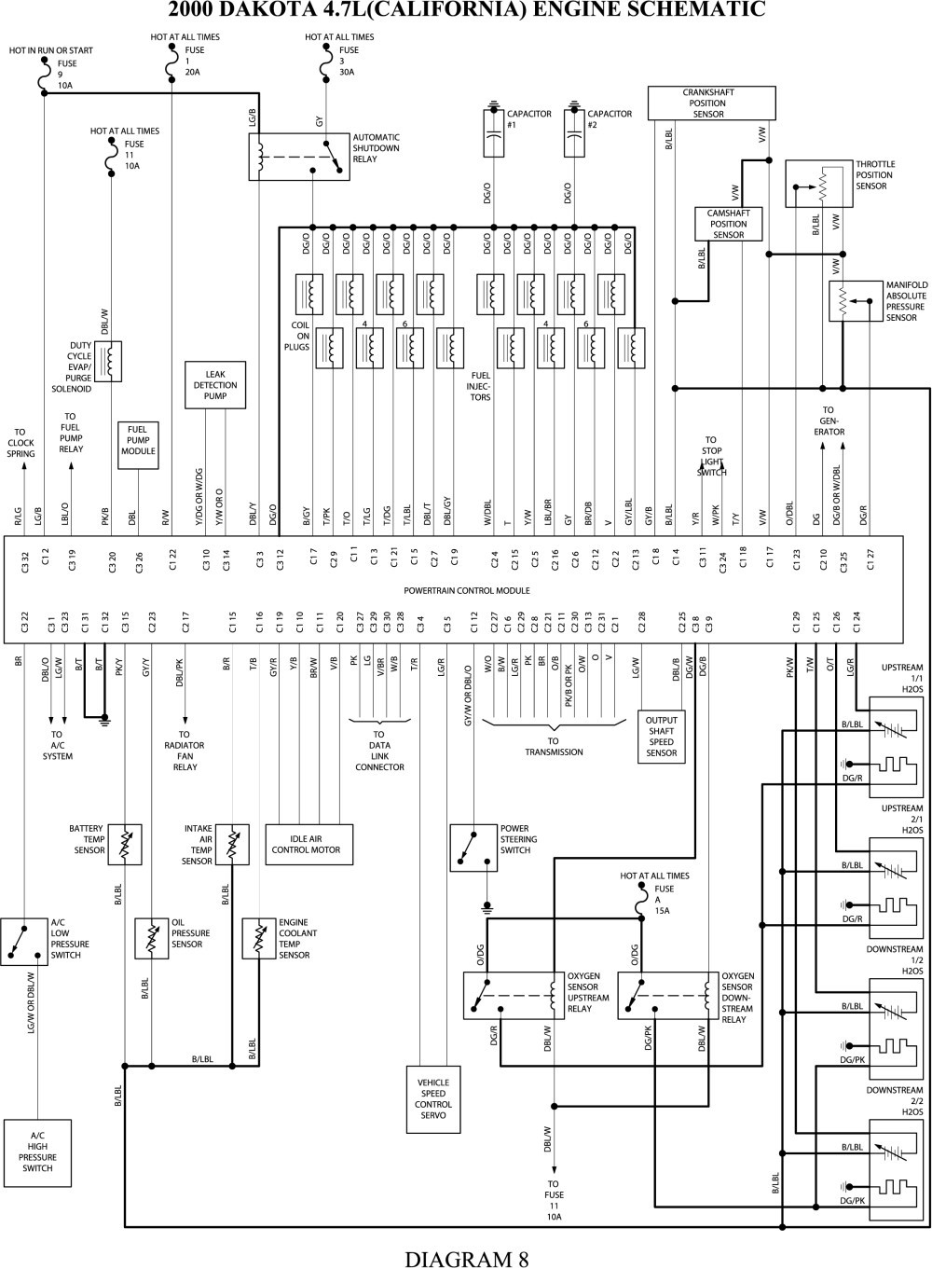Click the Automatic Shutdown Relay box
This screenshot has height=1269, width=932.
(299, 156)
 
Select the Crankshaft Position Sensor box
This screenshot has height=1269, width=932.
(710, 103)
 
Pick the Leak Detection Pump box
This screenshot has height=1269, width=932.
(215, 385)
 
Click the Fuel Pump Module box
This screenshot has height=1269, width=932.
(138, 446)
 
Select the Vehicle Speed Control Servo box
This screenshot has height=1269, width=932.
(433, 1098)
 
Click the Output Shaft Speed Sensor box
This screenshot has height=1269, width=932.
(662, 737)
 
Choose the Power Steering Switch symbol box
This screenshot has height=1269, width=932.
(473, 847)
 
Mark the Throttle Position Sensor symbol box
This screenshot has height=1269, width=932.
(818, 185)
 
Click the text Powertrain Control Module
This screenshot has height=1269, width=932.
(467, 590)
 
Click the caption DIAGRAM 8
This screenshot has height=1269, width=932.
(466, 1258)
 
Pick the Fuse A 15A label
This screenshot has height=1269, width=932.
(664, 901)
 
